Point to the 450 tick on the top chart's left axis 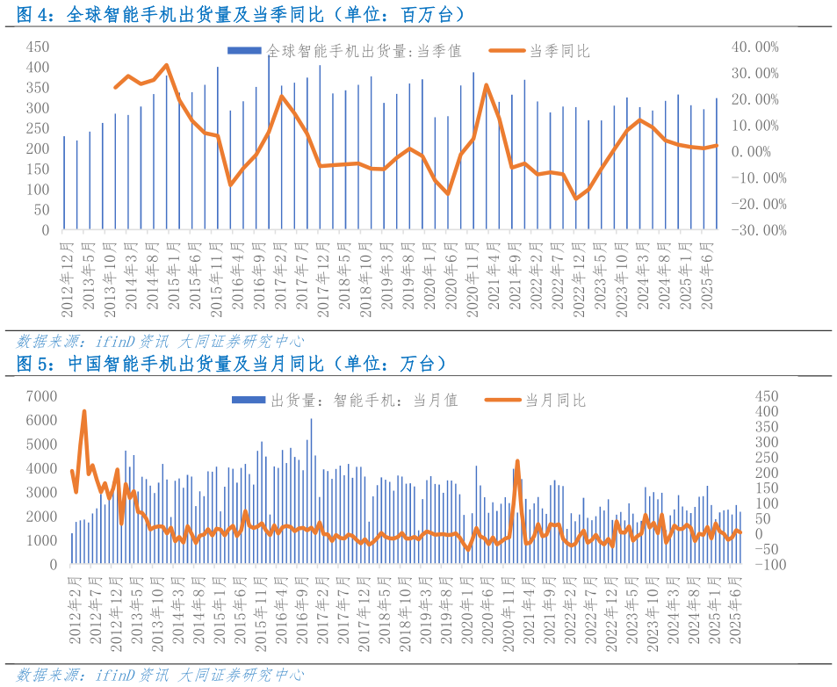point(38,46)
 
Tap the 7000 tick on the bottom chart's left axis point(40,396)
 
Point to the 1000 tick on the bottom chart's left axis point(40,540)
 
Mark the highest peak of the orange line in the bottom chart point(84,411)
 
